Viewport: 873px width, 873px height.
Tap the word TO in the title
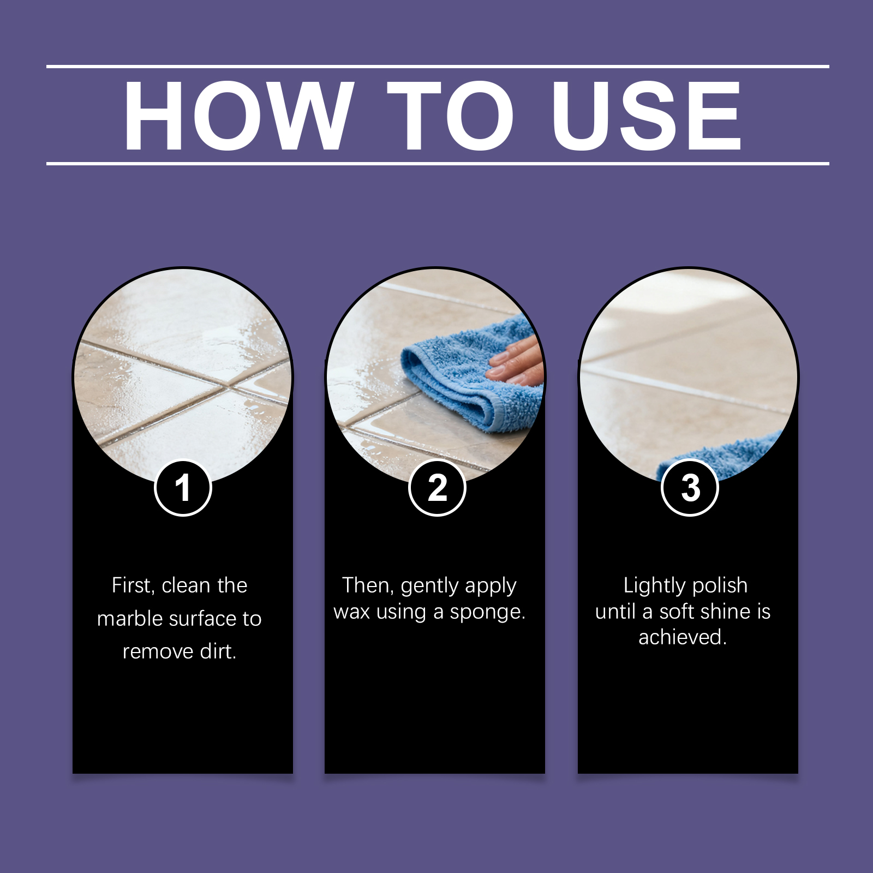pyautogui.click(x=451, y=116)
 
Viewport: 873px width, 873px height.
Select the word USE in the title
pyautogui.click(x=646, y=116)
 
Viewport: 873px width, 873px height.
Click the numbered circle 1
pyautogui.click(x=183, y=488)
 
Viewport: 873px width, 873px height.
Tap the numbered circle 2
pyautogui.click(x=437, y=488)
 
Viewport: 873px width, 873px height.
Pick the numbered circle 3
pyautogui.click(x=690, y=488)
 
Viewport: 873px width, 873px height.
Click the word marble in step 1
pyautogui.click(x=129, y=619)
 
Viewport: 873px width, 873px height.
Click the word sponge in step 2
pyautogui.click(x=487, y=613)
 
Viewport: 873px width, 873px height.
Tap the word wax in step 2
pyautogui.click(x=351, y=612)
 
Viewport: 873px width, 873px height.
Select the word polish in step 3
pyautogui.click(x=720, y=585)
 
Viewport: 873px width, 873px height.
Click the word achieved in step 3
pyautogui.click(x=683, y=637)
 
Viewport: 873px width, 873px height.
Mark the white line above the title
pyautogui.click(x=438, y=67)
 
